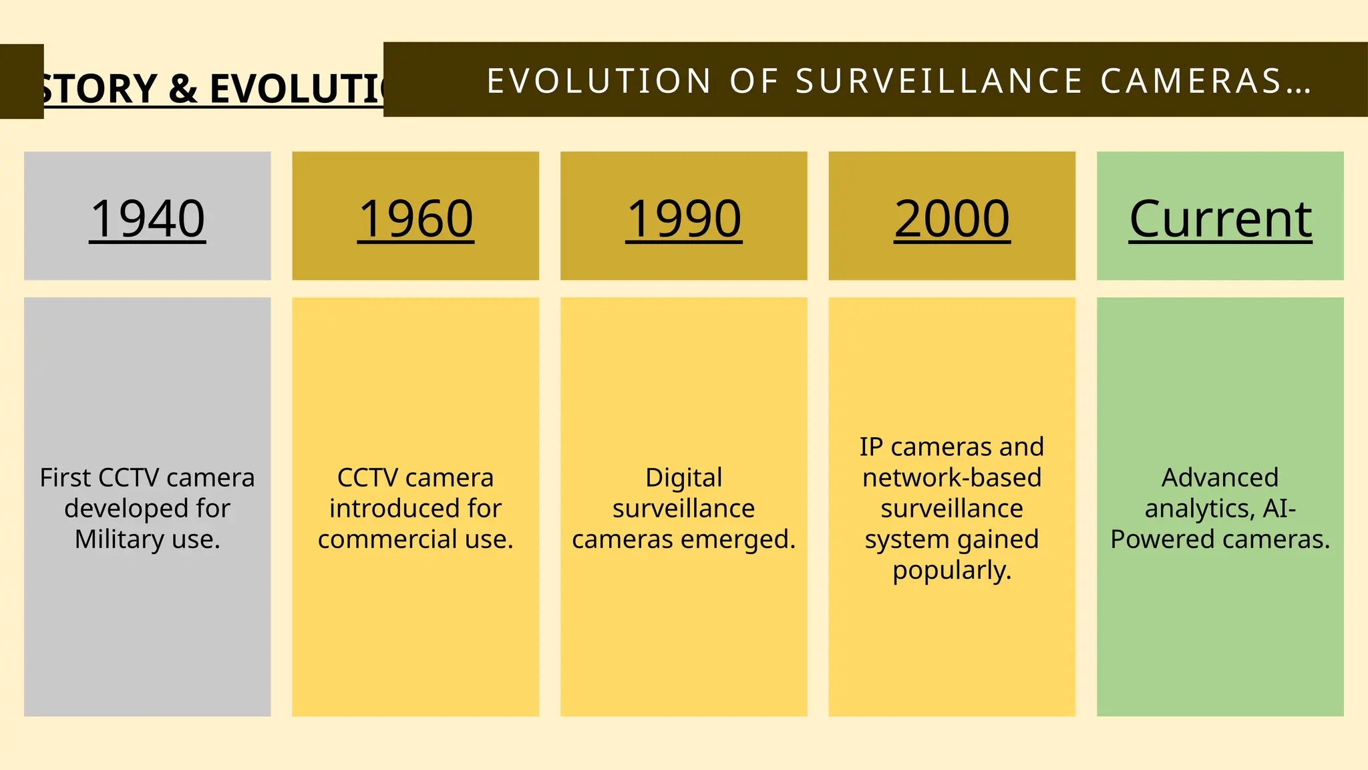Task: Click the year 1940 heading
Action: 148,219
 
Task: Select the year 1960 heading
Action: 415,219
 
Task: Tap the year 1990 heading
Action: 683,219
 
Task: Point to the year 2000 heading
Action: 952,219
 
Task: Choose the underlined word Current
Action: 1220,219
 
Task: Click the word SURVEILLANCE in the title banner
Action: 939,82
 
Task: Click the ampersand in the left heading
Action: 183,89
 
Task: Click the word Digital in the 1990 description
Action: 683,478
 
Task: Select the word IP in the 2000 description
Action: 871,447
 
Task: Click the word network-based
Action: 952,478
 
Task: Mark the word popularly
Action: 952,570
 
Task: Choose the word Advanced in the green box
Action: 1220,478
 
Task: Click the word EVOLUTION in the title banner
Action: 599,82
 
